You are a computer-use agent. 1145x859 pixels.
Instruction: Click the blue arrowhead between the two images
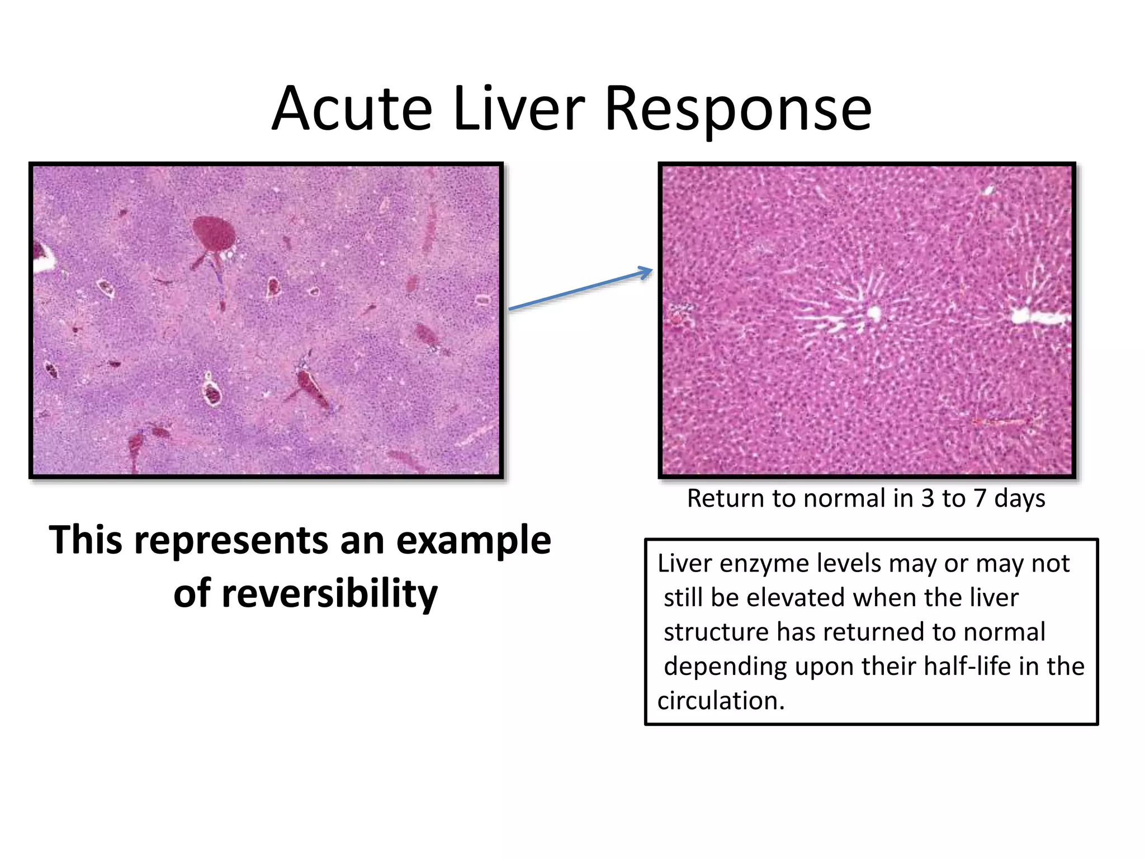[x=646, y=273]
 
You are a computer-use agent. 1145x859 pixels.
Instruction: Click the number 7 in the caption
[x=979, y=498]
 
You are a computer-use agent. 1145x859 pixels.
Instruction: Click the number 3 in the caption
[x=928, y=498]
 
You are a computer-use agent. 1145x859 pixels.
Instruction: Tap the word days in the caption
[x=1019, y=498]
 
